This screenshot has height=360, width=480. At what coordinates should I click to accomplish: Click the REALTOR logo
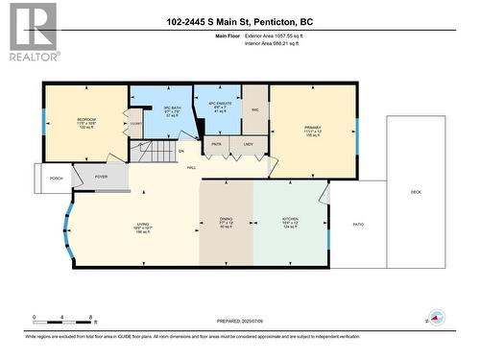click(x=32, y=32)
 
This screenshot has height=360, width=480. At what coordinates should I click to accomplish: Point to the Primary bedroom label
click(x=311, y=132)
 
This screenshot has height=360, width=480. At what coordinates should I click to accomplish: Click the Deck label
click(x=416, y=192)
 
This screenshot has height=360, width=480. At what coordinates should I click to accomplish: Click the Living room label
click(x=141, y=227)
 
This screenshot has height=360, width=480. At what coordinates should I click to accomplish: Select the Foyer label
click(x=101, y=177)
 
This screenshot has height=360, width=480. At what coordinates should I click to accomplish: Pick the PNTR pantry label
click(x=216, y=145)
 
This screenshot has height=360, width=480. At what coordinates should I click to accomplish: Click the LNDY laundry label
click(x=248, y=145)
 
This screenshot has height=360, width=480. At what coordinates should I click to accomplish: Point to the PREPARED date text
click(x=239, y=321)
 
